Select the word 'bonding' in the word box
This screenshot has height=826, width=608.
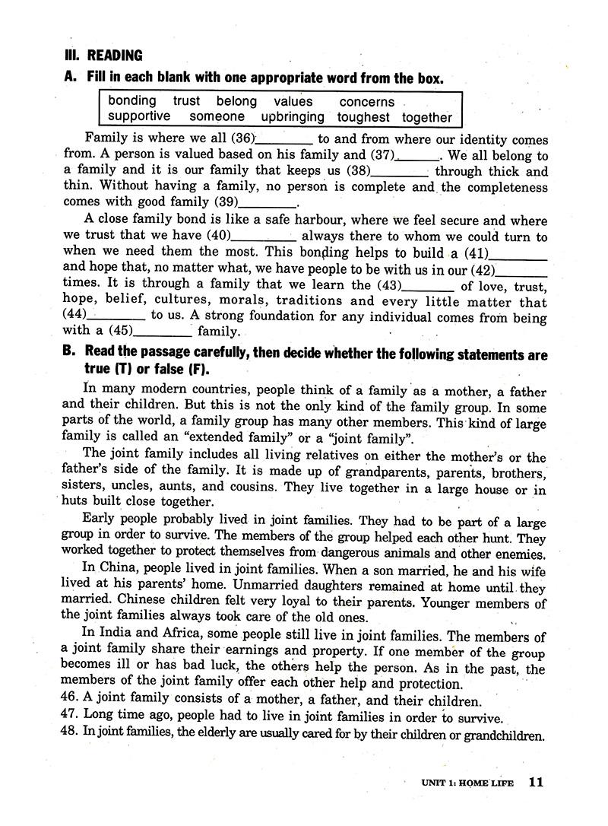click(132, 101)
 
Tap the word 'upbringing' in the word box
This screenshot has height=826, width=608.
click(293, 117)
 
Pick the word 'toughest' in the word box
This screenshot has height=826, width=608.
click(363, 117)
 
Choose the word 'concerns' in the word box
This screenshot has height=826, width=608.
click(367, 101)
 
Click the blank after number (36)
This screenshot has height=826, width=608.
click(284, 141)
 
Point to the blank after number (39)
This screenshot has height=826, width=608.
click(268, 204)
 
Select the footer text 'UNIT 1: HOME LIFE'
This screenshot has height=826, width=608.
click(467, 783)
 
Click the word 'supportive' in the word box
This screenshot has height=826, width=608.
click(139, 117)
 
